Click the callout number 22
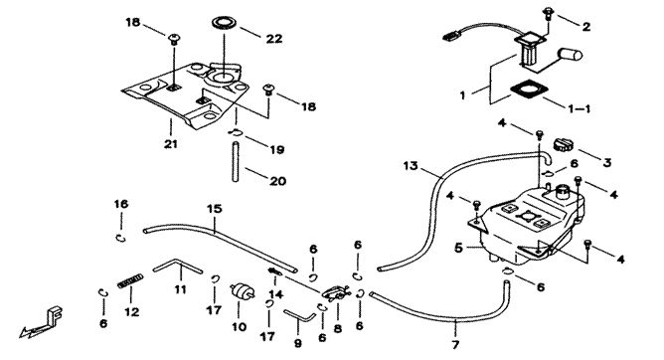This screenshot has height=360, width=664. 274,39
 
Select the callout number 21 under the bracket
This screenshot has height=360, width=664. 171,144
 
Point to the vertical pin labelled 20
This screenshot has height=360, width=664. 236,163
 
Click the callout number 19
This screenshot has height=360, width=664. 277,149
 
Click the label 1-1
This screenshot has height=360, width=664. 580,108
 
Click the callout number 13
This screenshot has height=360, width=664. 411,165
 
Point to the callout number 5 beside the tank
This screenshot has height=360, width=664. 459,248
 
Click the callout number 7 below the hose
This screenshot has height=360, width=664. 455,345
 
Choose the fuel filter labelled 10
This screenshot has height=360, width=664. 243,292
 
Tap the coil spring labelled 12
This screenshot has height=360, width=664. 130,280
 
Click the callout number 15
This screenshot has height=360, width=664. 215,209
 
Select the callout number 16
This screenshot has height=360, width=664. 120,204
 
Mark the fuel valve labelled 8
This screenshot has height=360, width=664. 336,292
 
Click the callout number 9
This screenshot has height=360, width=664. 298,343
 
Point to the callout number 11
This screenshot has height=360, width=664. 180,289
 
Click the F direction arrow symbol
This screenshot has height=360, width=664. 40,323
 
